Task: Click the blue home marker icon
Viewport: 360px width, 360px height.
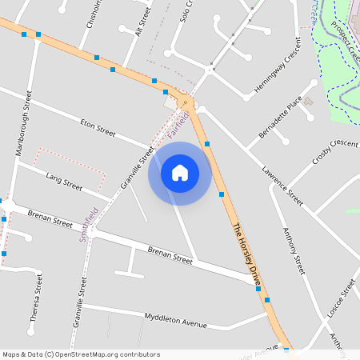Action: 180,173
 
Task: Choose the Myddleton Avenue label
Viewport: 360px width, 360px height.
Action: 175,322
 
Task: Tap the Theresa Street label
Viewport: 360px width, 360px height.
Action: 34,298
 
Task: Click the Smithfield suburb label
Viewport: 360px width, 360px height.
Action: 89,226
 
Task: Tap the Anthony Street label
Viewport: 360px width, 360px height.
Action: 294,250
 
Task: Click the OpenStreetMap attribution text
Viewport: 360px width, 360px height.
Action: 80,354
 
